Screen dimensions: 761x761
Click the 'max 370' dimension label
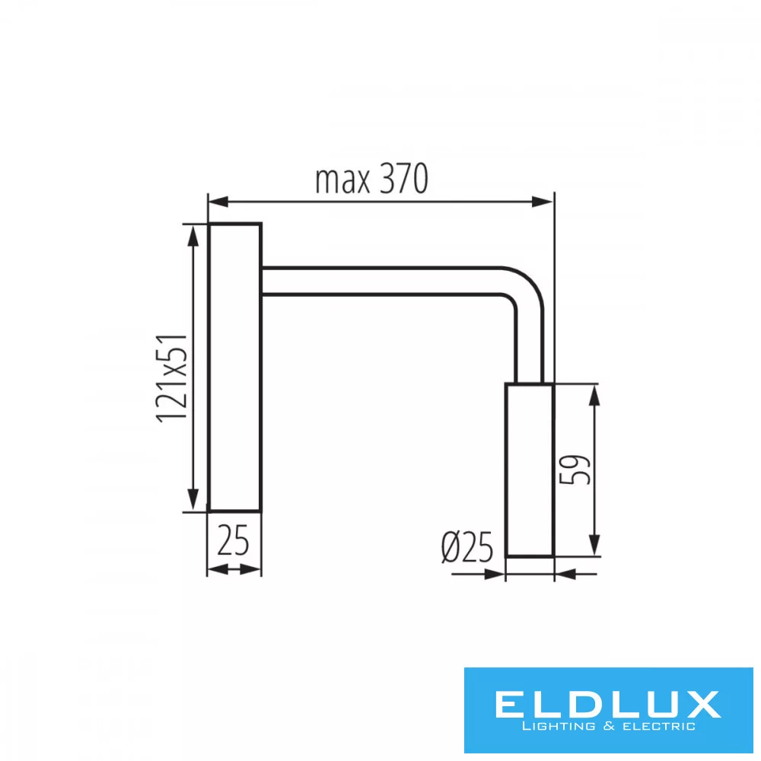coord(372,179)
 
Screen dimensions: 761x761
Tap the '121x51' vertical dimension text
coord(172,378)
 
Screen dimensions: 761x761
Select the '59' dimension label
coord(575,470)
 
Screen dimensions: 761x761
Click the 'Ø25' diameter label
coord(467,547)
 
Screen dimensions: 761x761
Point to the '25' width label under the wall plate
coord(233,540)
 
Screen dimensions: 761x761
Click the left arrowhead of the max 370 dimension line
coord(218,202)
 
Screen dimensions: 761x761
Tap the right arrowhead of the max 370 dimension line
coord(543,202)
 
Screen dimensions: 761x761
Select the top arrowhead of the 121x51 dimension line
coord(193,236)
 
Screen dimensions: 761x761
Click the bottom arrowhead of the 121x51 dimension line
coord(193,500)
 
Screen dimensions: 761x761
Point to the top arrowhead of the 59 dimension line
coord(594,395)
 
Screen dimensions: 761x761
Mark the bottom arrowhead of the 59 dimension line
coord(594,545)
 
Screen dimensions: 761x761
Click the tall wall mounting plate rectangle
coord(235,368)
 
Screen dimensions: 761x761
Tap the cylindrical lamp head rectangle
coord(530,470)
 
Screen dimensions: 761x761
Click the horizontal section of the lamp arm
coord(381,281)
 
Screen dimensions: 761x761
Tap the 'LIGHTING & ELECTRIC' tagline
coord(608,727)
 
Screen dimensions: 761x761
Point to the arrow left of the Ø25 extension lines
coord(478,574)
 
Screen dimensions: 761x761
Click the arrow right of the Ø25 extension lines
coord(576,575)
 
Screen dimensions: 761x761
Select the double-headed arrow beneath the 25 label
coord(234,569)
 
